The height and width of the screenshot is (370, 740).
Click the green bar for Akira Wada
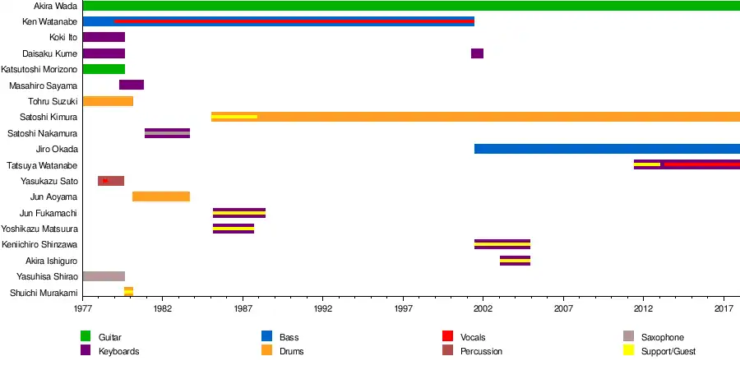click(411, 6)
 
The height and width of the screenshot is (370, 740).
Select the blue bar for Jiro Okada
click(607, 149)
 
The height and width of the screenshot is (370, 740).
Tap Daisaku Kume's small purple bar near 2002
click(477, 53)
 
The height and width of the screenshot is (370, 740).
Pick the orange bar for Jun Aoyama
click(161, 197)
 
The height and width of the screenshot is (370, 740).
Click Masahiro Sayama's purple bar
click(132, 85)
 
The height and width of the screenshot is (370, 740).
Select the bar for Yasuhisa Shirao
click(104, 276)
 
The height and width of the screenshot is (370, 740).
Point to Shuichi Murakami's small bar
click(128, 292)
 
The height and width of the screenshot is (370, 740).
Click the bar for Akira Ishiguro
click(515, 261)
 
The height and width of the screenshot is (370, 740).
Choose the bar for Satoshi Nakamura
click(167, 133)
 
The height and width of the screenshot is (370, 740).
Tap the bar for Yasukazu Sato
click(111, 181)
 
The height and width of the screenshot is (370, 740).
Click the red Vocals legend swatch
click(448, 337)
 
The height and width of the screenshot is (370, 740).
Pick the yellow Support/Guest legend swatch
click(629, 351)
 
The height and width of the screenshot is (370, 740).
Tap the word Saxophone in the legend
click(662, 338)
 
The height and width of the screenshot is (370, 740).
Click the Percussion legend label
click(481, 352)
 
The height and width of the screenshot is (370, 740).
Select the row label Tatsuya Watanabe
click(42, 165)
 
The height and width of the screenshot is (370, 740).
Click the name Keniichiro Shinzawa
click(39, 245)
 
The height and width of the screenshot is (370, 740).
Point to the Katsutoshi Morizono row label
click(39, 69)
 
